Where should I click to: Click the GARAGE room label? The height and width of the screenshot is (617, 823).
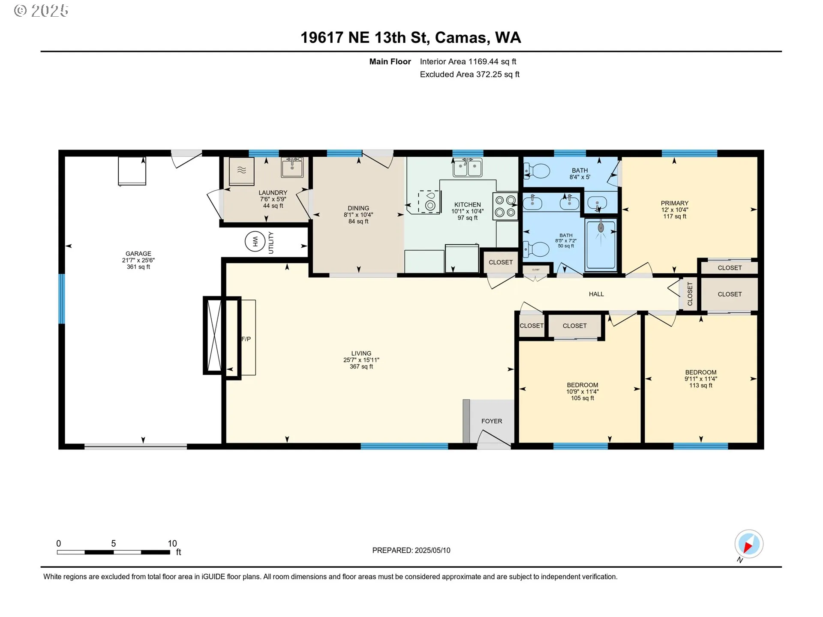pyautogui.click(x=138, y=254)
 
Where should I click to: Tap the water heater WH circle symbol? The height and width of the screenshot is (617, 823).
pyautogui.click(x=255, y=242)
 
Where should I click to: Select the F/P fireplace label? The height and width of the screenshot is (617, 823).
pyautogui.click(x=246, y=339)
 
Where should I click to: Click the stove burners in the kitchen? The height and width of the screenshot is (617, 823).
pyautogui.click(x=505, y=206)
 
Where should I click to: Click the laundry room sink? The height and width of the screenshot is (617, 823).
pyautogui.click(x=292, y=167)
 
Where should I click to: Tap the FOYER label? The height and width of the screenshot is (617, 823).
pyautogui.click(x=492, y=421)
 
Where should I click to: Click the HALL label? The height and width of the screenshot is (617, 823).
pyautogui.click(x=596, y=294)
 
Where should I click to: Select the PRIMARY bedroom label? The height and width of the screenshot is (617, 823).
pyautogui.click(x=675, y=203)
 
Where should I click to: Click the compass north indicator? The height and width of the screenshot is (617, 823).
pyautogui.click(x=749, y=544)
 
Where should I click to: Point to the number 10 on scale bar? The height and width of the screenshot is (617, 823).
pyautogui.click(x=172, y=543)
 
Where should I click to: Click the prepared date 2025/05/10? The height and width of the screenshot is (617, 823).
pyautogui.click(x=433, y=551)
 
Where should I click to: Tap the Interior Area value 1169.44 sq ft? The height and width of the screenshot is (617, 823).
pyautogui.click(x=492, y=62)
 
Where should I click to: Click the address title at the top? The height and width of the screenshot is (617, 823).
pyautogui.click(x=411, y=38)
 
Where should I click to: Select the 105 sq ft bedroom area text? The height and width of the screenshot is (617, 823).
pyautogui.click(x=583, y=398)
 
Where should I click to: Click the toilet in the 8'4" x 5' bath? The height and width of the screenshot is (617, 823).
pyautogui.click(x=536, y=171)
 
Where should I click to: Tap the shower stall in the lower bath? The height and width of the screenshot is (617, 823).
pyautogui.click(x=601, y=244)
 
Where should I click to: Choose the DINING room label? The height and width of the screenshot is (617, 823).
pyautogui.click(x=358, y=208)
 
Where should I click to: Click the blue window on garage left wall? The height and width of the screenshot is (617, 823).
pyautogui.click(x=62, y=299)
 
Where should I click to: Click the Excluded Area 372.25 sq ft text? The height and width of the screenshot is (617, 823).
pyautogui.click(x=470, y=75)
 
